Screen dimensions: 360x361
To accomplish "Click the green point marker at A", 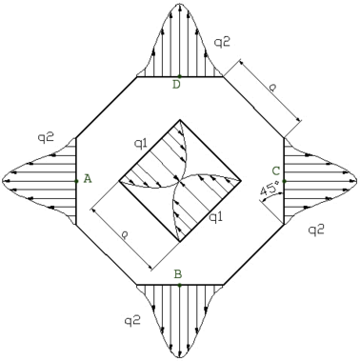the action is tap(76, 181).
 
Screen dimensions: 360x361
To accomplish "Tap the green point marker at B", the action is tap(179, 285).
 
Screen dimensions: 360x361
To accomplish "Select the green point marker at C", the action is tap(284, 181).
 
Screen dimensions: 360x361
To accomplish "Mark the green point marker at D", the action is tap(179, 76).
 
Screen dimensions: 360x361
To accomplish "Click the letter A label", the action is tap(88, 179).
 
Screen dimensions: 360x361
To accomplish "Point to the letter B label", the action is tap(178, 273).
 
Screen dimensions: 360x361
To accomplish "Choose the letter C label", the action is tap(275, 171).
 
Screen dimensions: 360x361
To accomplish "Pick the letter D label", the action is tap(176, 85).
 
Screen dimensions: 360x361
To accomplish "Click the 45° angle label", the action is tap(270, 190).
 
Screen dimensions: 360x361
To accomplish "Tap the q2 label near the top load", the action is tap(222, 42).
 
